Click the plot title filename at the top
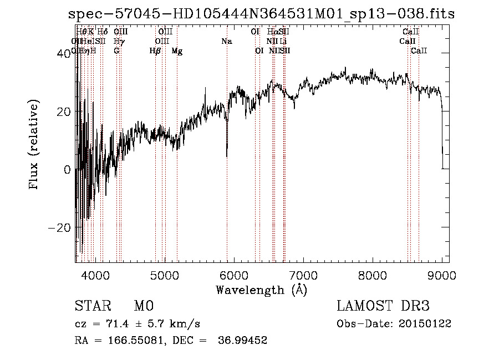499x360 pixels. pyautogui.click(x=261, y=14)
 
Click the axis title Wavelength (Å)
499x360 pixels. pyautogui.click(x=261, y=290)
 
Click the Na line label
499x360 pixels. pyautogui.click(x=227, y=42)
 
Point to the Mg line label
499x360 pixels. pyautogui.click(x=177, y=51)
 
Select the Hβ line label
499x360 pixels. pyautogui.click(x=155, y=51)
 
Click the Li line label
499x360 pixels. pyautogui.click(x=283, y=42)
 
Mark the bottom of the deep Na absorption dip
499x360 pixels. pyautogui.click(x=227, y=156)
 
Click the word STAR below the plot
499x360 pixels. pyautogui.click(x=91, y=306)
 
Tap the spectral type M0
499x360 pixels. pyautogui.click(x=143, y=306)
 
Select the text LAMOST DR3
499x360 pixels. pyautogui.click(x=383, y=306)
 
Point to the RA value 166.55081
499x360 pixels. pyautogui.click(x=138, y=341)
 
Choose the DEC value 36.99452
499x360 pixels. pyautogui.click(x=244, y=341)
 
